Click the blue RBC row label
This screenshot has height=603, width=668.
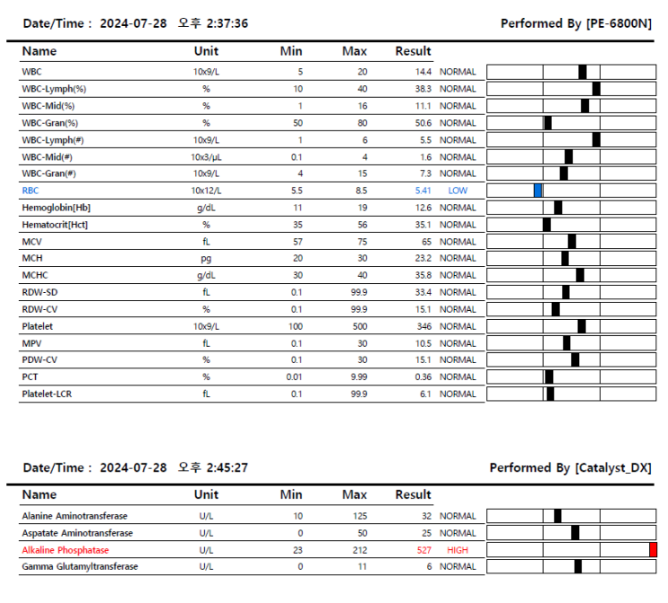tap(31, 191)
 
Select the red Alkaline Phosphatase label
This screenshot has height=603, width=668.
tap(65, 550)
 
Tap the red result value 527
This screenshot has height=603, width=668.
tap(422, 550)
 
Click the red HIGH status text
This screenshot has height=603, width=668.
tap(458, 550)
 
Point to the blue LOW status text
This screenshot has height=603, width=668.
tap(458, 191)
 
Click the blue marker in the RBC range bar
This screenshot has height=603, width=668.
tap(538, 191)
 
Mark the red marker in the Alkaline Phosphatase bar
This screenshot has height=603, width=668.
tap(653, 550)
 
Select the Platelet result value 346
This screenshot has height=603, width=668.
tap(423, 326)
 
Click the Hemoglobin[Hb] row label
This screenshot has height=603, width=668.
tap(56, 208)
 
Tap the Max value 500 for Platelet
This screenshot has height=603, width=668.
tap(358, 326)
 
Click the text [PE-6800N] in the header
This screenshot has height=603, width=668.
tap(619, 23)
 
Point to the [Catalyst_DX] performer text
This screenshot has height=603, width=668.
tap(613, 467)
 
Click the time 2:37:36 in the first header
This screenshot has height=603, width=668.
tap(227, 23)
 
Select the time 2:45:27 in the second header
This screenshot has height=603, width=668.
tap(227, 467)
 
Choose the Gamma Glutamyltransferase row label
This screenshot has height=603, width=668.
tap(80, 566)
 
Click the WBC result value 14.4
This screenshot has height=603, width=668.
tap(423, 71)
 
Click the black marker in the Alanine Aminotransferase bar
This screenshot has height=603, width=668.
tap(557, 516)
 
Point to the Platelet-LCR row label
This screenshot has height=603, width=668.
tap(48, 394)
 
